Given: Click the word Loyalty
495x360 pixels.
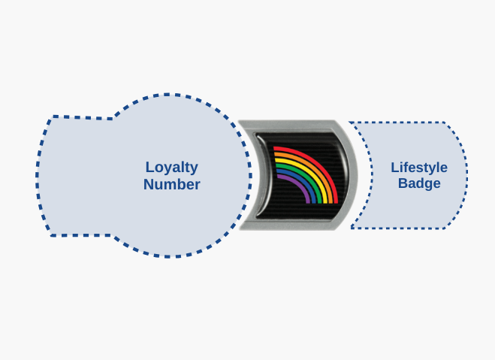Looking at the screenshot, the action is pyautogui.click(x=172, y=168).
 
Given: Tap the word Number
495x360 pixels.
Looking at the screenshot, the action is pyautogui.click(x=172, y=184).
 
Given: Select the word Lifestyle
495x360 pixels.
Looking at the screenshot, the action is pyautogui.click(x=419, y=168).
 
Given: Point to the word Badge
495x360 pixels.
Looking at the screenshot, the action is pyautogui.click(x=419, y=183).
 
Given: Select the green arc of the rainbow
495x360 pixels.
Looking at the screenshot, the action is pyautogui.click(x=307, y=171).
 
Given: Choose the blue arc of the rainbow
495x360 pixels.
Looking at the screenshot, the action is pyautogui.click(x=303, y=176).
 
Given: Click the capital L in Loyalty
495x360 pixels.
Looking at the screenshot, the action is pyautogui.click(x=149, y=167).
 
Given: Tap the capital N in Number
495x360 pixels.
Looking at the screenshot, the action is pyautogui.click(x=149, y=184).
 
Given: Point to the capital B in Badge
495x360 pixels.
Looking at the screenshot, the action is pyautogui.click(x=403, y=183).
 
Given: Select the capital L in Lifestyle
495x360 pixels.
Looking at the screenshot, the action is pyautogui.click(x=395, y=168).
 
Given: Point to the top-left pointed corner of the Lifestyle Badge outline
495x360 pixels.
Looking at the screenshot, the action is pyautogui.click(x=349, y=122).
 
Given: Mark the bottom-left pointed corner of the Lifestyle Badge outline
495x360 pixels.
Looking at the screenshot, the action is pyautogui.click(x=351, y=228).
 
